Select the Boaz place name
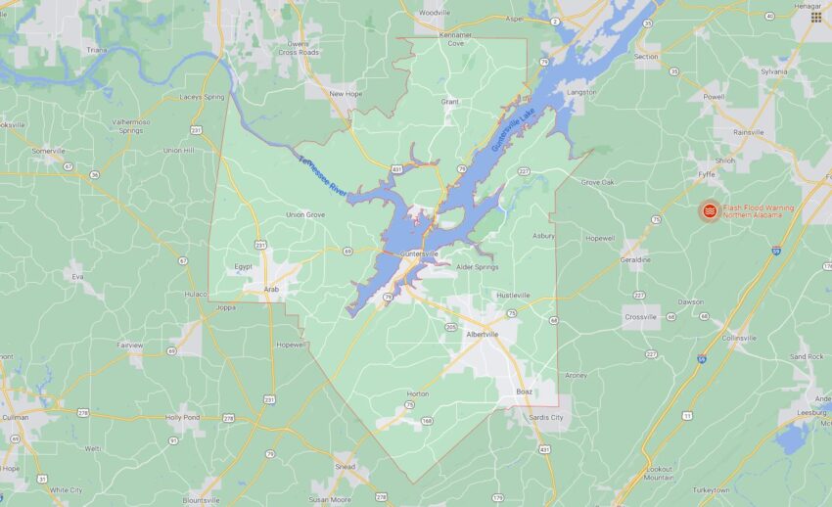pos(525,392)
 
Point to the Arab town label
pos(273,290)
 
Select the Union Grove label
pos(305,214)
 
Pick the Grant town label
pos(449,101)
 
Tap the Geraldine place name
pos(635,259)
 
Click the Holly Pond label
pos(182,418)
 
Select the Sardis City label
pos(545,417)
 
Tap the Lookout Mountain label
pos(660,474)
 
